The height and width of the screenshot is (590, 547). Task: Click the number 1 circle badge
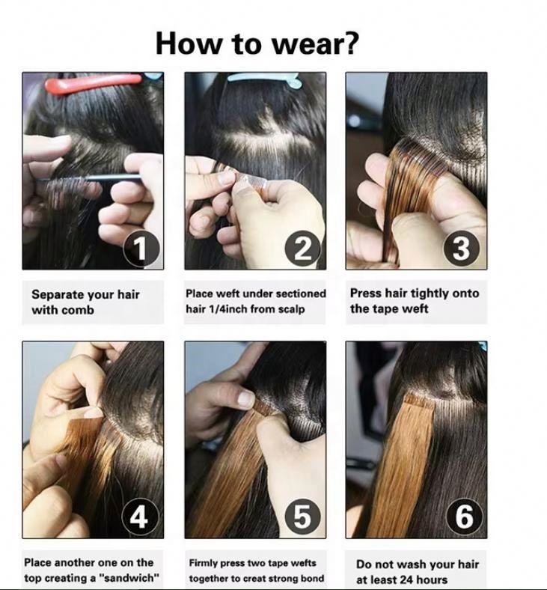tap(142, 249)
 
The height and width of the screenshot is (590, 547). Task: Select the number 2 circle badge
tap(303, 249)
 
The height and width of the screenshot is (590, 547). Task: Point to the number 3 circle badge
tap(462, 249)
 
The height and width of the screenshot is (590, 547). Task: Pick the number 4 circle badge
tap(140, 517)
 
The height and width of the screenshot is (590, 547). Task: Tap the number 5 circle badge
tap(302, 517)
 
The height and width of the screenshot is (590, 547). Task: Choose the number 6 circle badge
tap(464, 517)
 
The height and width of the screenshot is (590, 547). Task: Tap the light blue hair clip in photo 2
tap(264, 80)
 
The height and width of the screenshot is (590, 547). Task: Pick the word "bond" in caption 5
tap(314, 578)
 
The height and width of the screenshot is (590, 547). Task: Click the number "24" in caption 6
tap(409, 580)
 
